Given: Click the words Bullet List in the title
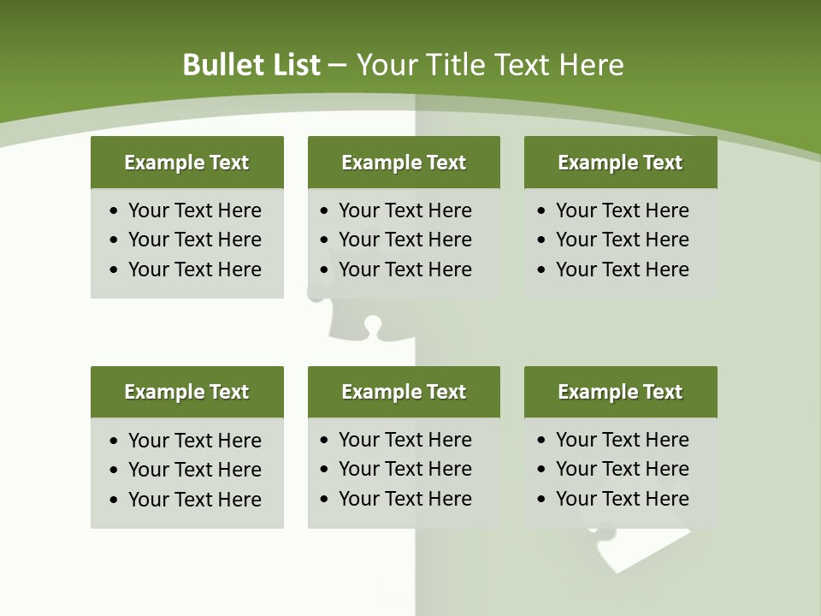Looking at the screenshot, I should [251, 65].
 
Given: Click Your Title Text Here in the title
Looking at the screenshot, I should [489, 65].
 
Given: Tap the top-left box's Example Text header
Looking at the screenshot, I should [186, 163].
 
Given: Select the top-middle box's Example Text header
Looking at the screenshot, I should [404, 163].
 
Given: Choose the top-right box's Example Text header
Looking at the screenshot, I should [620, 163].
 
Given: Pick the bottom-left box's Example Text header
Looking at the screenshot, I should [186, 392].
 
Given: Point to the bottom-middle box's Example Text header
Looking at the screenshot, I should [404, 392].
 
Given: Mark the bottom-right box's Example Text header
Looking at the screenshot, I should [620, 392].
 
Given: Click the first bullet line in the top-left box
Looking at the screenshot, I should [194, 210].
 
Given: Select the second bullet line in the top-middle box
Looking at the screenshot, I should [405, 240].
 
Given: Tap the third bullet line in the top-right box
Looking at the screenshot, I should [622, 269].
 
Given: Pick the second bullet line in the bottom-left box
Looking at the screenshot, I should [194, 470].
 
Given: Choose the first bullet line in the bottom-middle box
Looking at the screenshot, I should [405, 440].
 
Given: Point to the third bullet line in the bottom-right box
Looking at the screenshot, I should [622, 499].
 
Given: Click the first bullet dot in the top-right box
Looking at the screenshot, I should [541, 211].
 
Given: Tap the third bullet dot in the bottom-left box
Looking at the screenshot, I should [115, 500].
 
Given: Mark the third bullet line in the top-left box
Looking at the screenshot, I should [194, 269].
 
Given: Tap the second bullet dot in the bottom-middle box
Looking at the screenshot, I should [324, 470].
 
